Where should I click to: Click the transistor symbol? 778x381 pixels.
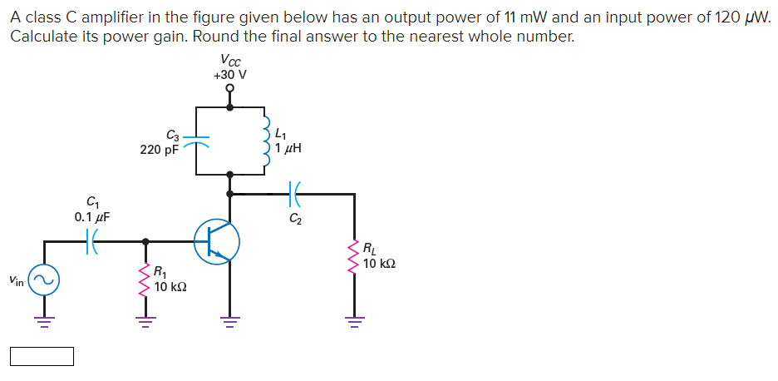pyautogui.click(x=218, y=241)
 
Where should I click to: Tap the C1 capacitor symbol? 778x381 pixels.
pyautogui.click(x=92, y=242)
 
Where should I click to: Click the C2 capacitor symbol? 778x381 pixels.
pyautogui.click(x=295, y=194)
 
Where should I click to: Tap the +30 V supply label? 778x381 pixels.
pyautogui.click(x=229, y=75)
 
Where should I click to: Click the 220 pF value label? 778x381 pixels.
pyautogui.click(x=159, y=151)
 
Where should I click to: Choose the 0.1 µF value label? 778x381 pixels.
pyautogui.click(x=91, y=217)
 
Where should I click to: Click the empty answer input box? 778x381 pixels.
pyautogui.click(x=42, y=357)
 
